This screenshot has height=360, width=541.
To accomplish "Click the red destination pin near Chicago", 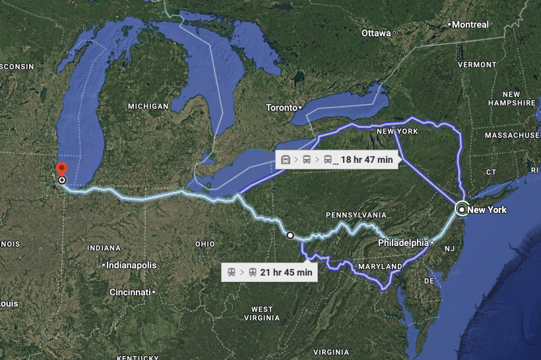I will [61, 169].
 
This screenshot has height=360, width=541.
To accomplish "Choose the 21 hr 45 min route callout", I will [269, 272].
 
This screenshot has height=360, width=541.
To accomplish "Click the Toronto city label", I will [282, 107].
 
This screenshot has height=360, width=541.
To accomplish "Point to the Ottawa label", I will [376, 33].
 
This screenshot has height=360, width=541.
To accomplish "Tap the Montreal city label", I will [470, 24].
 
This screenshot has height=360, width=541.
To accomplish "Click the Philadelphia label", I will [402, 243].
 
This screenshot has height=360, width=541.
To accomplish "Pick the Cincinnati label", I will [131, 291].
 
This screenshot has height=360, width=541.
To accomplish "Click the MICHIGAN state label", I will [148, 106].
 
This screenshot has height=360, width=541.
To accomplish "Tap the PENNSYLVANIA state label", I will [356, 216].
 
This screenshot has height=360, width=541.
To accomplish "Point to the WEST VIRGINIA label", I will [262, 313].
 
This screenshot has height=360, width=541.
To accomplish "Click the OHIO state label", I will [205, 244].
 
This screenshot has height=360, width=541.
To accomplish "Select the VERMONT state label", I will [476, 65].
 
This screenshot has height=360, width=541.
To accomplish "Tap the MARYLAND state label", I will [379, 266].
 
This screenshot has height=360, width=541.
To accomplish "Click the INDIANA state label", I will [104, 248].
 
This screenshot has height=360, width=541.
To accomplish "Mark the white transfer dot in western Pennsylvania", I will [290, 235].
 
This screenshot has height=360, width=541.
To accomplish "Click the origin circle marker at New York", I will [462, 210].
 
